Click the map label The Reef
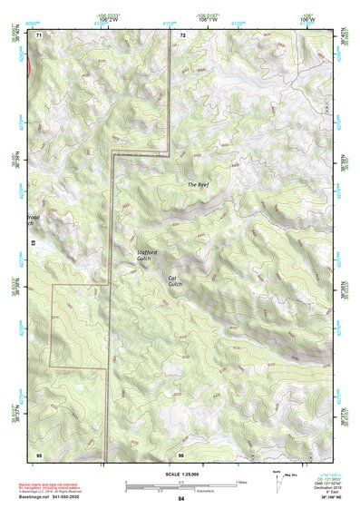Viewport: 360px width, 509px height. [198, 185]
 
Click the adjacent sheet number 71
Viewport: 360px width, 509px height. [39, 34]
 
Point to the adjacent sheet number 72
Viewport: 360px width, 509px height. [182, 34]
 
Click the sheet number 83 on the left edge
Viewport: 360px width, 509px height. [34, 243]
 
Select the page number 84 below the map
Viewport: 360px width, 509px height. [181, 499]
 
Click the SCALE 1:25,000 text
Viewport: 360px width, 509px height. [180, 475]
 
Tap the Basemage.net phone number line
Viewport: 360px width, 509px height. [54, 495]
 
